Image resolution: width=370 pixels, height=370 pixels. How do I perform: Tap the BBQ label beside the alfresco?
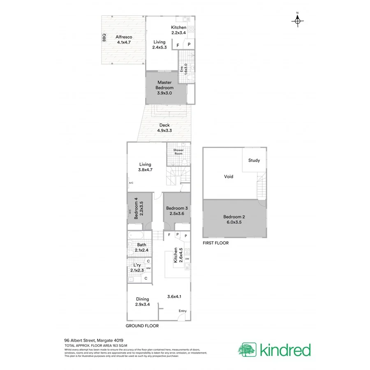pos(104,37)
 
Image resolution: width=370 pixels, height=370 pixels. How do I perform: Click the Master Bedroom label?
pos(164,88)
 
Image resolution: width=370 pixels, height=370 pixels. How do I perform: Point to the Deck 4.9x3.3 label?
pos(164,128)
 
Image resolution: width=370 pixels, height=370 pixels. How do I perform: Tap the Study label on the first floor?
pos(254,160)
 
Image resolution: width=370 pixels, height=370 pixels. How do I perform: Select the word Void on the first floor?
pos(229,176)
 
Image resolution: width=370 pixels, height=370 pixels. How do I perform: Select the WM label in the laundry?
pos(148,268)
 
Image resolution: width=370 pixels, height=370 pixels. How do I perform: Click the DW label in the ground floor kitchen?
pos(187,259)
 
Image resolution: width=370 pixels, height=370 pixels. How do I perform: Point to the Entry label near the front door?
pos(182,311)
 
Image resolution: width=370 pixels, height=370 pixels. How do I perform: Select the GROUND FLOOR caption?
pos(142,326)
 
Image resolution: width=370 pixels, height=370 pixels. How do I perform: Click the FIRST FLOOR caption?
pos(215,243)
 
